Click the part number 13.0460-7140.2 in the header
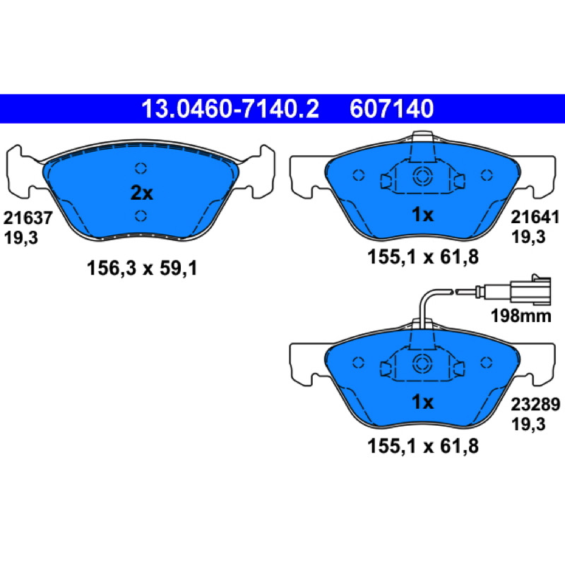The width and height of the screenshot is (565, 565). (x=230, y=109)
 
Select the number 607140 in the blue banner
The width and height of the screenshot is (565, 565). (x=392, y=109)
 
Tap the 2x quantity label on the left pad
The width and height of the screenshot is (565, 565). (x=142, y=193)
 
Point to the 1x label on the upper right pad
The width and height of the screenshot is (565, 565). (x=422, y=215)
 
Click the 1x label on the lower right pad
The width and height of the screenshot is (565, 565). (x=422, y=402)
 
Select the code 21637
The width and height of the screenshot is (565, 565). (x=28, y=218)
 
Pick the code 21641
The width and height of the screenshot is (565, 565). (x=535, y=218)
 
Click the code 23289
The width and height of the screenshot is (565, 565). (x=535, y=404)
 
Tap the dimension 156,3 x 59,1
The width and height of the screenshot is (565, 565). (x=142, y=268)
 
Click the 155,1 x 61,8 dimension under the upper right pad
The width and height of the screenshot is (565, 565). (x=423, y=257)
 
